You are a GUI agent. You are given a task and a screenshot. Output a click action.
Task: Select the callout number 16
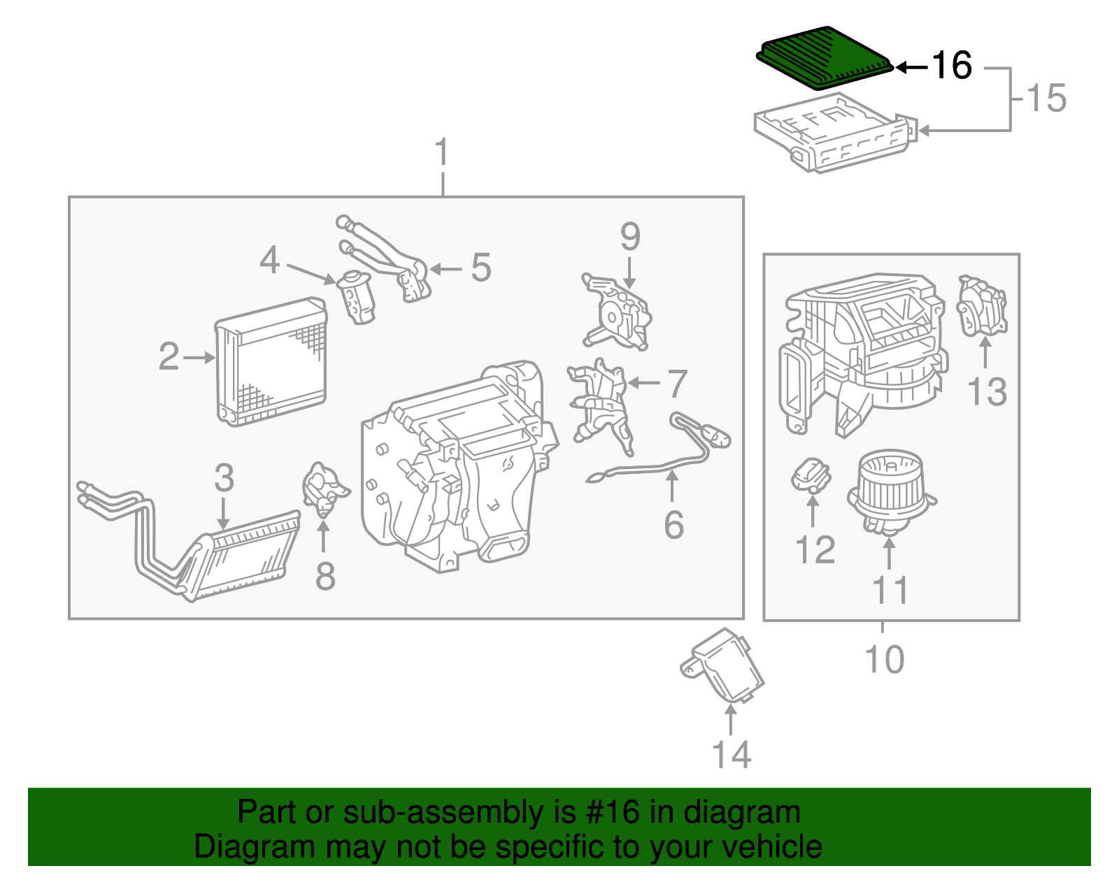(951, 66)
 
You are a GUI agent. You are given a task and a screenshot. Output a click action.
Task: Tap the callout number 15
(1046, 99)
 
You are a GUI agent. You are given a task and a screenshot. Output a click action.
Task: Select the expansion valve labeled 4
(357, 297)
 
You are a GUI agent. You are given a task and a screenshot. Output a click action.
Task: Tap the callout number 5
(480, 268)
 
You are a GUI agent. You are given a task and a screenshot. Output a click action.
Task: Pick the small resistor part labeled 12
(811, 475)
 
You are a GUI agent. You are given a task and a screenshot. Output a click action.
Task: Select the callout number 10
(884, 659)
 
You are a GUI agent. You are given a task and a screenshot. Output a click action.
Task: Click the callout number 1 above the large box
(442, 152)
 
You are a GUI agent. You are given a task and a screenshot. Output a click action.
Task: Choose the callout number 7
(676, 384)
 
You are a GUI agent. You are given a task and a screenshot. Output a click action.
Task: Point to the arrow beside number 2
(200, 358)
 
